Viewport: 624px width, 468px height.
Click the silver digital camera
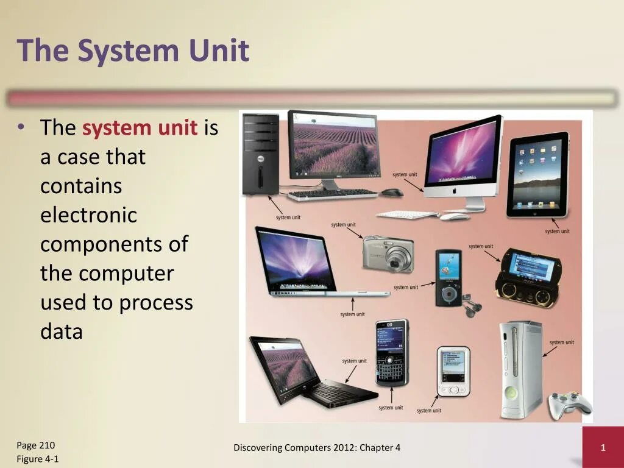(389, 253)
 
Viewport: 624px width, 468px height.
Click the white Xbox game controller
(569, 404)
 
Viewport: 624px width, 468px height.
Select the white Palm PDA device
(453, 371)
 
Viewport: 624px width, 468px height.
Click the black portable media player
(448, 277)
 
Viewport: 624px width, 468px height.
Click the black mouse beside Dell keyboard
(392, 193)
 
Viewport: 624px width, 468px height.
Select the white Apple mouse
(454, 216)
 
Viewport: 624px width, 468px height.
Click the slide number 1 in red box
(603, 448)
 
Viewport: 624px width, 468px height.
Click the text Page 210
(36, 445)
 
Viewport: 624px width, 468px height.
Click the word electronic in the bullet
(88, 215)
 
